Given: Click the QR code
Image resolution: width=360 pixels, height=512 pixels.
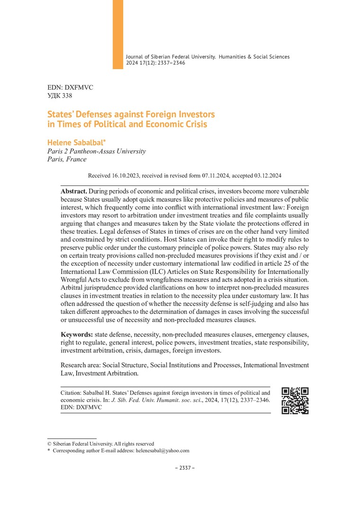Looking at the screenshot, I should (x=295, y=401).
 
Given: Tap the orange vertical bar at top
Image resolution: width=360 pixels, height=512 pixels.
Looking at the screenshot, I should (x=117, y=34).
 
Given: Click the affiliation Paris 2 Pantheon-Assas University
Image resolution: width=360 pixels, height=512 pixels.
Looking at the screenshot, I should (x=97, y=151).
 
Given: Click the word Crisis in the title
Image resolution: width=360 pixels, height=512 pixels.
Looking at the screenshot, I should (x=194, y=125).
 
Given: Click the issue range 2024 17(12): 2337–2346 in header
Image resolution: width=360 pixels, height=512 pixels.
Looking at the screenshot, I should (x=155, y=63).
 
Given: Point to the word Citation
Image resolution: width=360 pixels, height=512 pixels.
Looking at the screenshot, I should (x=73, y=393).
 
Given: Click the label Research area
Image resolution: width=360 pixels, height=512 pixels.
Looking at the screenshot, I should (x=80, y=365).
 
